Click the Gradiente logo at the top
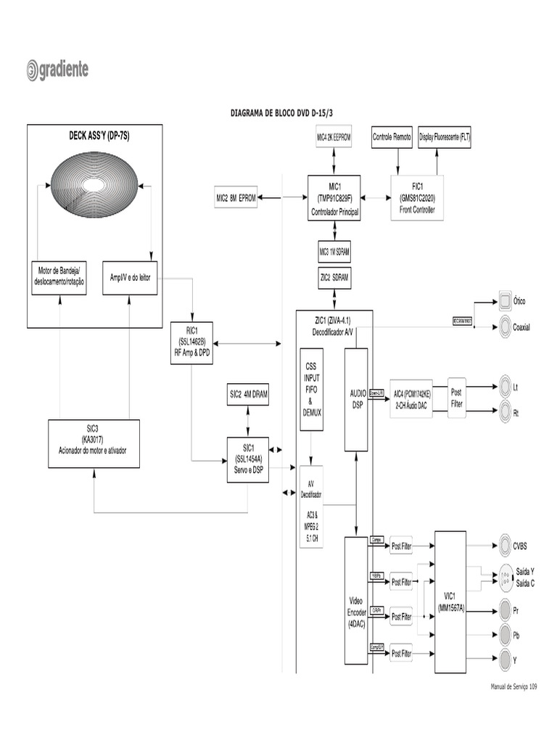pos(58,70)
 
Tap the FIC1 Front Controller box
pos(417,198)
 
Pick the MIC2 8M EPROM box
pos(236,197)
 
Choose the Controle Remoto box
pos(392,137)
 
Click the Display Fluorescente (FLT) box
pos(445,137)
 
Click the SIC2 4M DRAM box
pos(249,394)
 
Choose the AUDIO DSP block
pos(355,399)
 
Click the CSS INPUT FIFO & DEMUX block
pos(311,390)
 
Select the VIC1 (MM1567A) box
pos(450,602)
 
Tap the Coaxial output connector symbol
pos(505,327)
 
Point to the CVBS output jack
pos(505,545)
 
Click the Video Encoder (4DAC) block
pos(356,601)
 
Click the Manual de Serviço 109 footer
pos(513,686)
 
